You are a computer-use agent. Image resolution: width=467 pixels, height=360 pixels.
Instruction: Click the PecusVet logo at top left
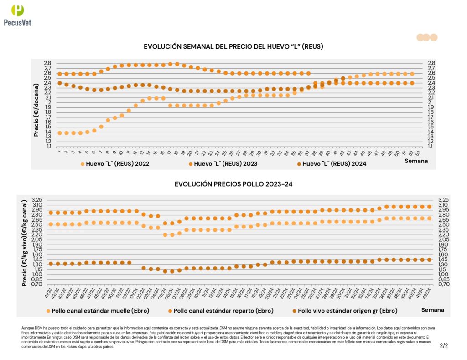(17, 15)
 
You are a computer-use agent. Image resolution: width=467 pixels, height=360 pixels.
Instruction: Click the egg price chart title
(233, 46)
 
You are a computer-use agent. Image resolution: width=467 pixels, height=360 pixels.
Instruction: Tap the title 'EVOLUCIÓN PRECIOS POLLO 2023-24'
(233, 184)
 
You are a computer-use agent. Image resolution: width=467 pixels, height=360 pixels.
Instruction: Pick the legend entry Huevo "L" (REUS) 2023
(223, 163)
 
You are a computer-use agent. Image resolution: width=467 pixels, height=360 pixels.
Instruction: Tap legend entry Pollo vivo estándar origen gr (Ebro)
(344, 311)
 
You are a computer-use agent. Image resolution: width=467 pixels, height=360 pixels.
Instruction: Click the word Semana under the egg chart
(416, 161)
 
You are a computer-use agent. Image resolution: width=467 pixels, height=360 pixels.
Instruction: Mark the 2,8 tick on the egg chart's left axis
(47, 63)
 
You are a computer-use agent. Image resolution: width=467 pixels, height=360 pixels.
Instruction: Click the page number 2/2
(444, 346)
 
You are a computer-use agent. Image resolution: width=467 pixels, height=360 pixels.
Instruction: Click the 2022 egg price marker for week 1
(59, 133)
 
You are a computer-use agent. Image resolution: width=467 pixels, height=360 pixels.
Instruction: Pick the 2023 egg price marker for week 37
(308, 73)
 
